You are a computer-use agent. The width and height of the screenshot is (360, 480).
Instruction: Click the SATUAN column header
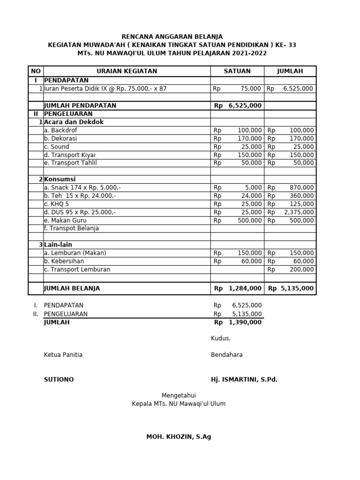pyautogui.click(x=237, y=71)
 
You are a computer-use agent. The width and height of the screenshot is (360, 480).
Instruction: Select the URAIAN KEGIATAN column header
pyautogui.click(x=127, y=71)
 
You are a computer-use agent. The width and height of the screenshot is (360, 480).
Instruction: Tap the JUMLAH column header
pyautogui.click(x=290, y=71)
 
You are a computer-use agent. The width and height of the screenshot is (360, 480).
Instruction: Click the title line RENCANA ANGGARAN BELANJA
pyautogui.click(x=172, y=37)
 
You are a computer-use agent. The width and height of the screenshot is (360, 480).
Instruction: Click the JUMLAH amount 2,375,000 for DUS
pyautogui.click(x=299, y=212)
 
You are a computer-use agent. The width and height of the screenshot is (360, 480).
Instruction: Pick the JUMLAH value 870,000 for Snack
pyautogui.click(x=302, y=187)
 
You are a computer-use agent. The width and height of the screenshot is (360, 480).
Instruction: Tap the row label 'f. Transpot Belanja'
pyautogui.click(x=71, y=229)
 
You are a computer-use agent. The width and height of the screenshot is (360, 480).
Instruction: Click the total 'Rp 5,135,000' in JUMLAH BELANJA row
pyautogui.click(x=291, y=289)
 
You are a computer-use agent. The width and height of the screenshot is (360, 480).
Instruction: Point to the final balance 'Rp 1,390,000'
pyautogui.click(x=238, y=323)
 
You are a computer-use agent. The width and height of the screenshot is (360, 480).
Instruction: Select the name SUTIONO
pyautogui.click(x=59, y=380)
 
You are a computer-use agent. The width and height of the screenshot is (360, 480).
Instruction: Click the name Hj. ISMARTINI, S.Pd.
pyautogui.click(x=244, y=380)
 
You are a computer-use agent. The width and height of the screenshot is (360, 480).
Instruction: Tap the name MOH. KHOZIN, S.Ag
pyautogui.click(x=179, y=437)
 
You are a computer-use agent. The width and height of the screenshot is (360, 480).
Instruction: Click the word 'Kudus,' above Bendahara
pyautogui.click(x=221, y=339)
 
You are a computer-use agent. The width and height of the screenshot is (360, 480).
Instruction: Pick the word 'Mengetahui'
pyautogui.click(x=179, y=396)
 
